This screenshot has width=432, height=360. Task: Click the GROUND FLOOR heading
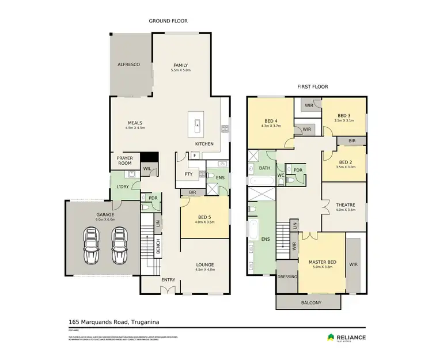pos(168,21)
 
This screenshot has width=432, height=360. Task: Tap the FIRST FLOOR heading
pos(312,86)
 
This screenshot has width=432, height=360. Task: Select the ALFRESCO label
pos(129,65)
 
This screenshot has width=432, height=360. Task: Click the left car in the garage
pos(92,245)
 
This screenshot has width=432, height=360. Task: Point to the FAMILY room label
pos(181,65)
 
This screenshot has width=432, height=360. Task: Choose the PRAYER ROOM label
pos(125,161)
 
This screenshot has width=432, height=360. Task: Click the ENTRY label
pos(168,280)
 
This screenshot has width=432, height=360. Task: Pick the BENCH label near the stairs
pos(158,247)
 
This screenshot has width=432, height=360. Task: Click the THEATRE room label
pos(345,204)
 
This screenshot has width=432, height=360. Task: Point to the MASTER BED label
pos(321,262)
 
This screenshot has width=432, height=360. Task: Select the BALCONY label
pos(310,302)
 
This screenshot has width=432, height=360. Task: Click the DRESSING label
pos(286,276)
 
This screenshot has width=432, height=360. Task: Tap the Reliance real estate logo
pos(346,338)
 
